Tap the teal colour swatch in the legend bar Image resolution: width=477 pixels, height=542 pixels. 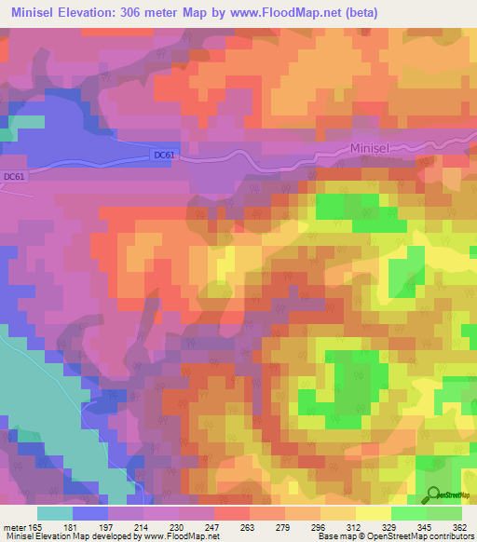(x=55, y=513)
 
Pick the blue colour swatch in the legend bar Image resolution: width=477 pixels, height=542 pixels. (x=90, y=513)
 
